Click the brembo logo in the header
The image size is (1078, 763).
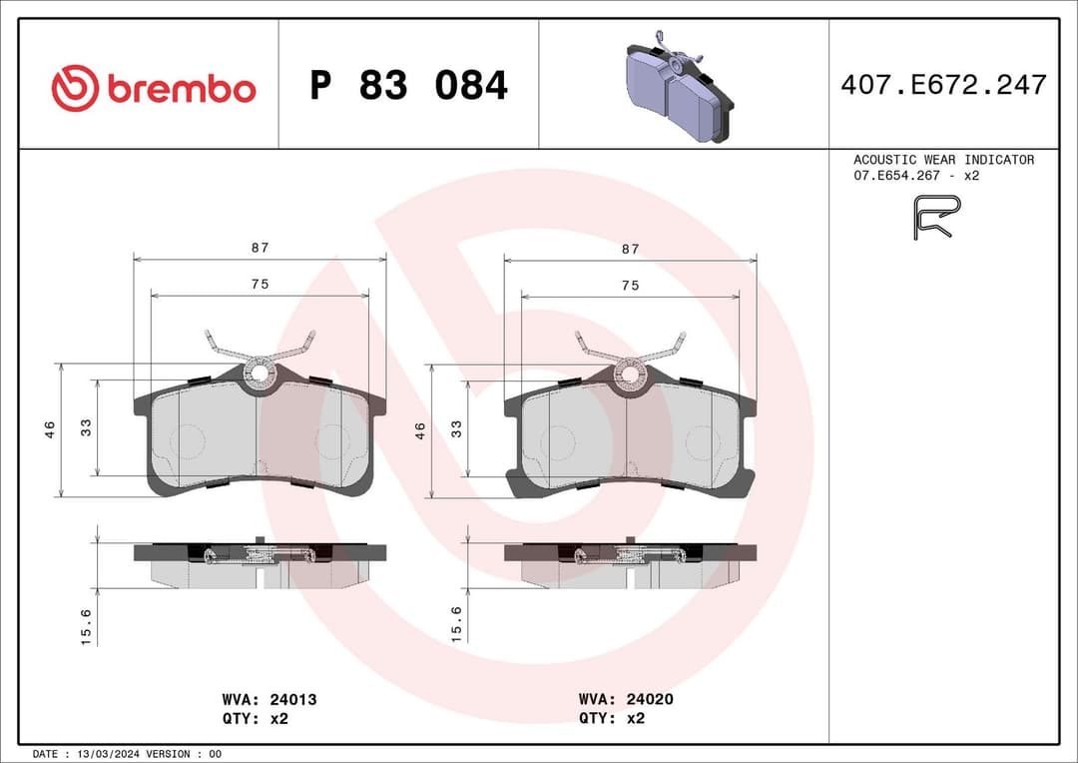pos(154,88)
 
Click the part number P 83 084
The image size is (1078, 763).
pos(408,86)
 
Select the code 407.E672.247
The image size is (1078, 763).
pos(943,85)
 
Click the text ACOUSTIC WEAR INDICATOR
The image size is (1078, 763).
pos(943,160)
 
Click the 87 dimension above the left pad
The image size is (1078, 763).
pos(260,248)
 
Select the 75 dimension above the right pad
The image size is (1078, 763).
pos(630,285)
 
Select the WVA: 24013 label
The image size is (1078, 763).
pos(269,699)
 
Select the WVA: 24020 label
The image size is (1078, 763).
pos(626,699)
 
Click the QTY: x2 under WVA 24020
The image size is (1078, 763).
pos(612,718)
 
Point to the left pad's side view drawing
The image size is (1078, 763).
pos(260,564)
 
